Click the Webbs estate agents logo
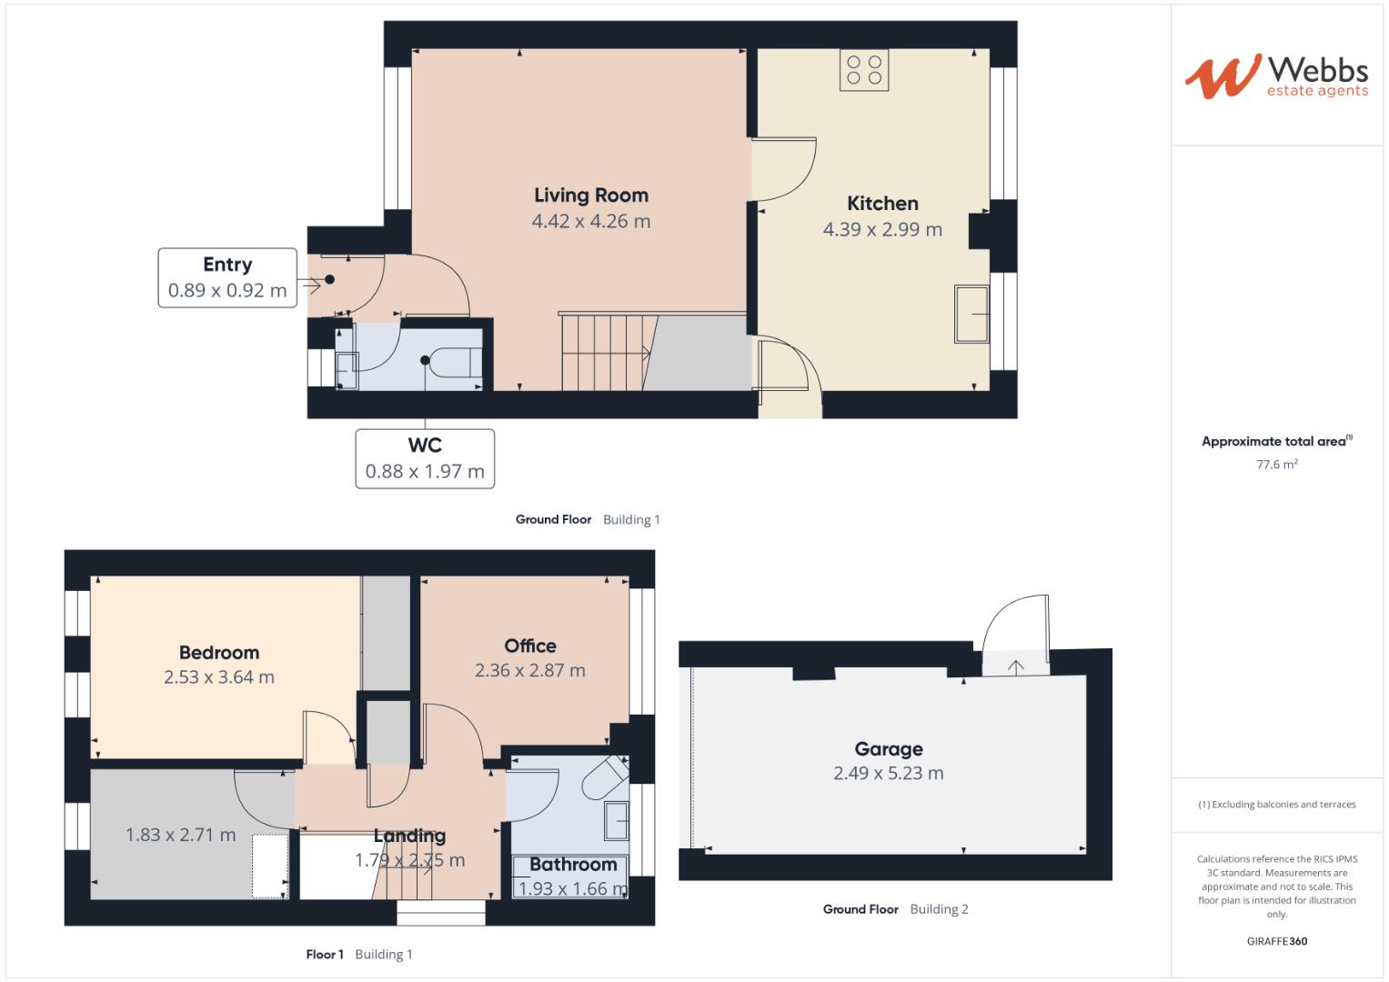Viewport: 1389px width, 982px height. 1276,76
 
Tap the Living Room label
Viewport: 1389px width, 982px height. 590,195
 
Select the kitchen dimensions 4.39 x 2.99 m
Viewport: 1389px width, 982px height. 881,230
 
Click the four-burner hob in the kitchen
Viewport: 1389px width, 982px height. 864,70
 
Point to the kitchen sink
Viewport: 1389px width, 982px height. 971,314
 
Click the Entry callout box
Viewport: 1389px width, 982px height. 227,277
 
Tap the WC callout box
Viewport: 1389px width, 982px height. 425,458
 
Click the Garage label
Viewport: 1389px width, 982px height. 888,749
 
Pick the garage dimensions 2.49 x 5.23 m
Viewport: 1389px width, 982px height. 888,774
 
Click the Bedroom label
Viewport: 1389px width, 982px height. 218,653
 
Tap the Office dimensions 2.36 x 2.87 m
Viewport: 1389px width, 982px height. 529,671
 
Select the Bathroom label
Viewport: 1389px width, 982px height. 573,865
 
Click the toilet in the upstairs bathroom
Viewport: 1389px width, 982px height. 606,777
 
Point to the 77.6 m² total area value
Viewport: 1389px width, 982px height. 1276,465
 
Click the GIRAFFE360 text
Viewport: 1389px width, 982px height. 1276,941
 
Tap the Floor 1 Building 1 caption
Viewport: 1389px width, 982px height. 358,954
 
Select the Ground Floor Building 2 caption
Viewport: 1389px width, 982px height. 895,909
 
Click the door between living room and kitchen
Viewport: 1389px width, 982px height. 782,169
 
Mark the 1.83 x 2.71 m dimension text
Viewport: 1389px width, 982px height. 180,835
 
